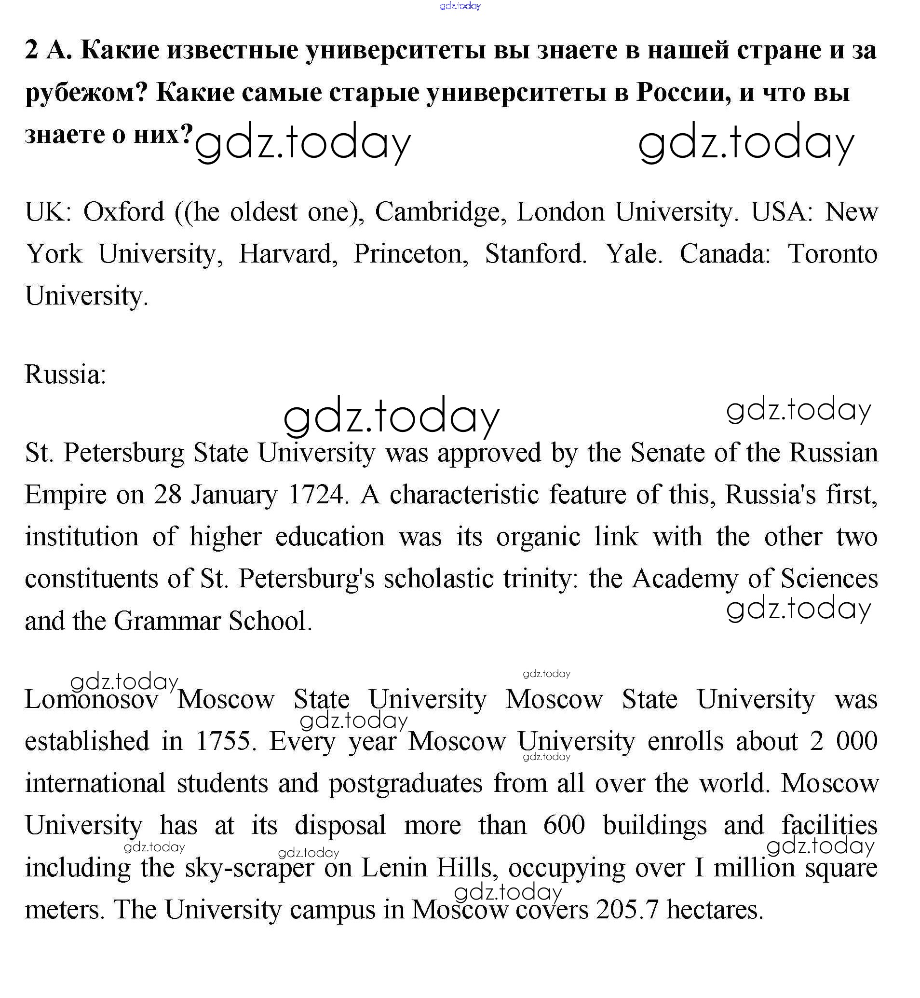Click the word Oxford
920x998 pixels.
(123, 212)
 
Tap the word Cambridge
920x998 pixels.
(436, 212)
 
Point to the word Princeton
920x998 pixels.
(411, 254)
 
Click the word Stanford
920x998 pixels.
(536, 254)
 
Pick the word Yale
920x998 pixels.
(633, 254)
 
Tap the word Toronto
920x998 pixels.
(832, 254)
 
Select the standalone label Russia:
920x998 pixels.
(66, 374)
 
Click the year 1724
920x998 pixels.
(318, 495)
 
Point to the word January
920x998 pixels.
(234, 495)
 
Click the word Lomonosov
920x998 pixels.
(92, 699)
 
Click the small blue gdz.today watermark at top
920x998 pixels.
(460, 6)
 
